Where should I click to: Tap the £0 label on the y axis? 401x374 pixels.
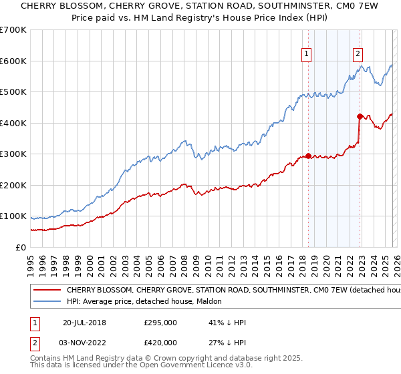pos(21,247)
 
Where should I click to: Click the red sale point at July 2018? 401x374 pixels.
pos(308,156)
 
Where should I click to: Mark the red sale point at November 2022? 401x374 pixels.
pos(360,117)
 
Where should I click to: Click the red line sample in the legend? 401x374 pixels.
pos(47,291)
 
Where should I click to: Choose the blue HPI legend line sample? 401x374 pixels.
pos(47,303)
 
